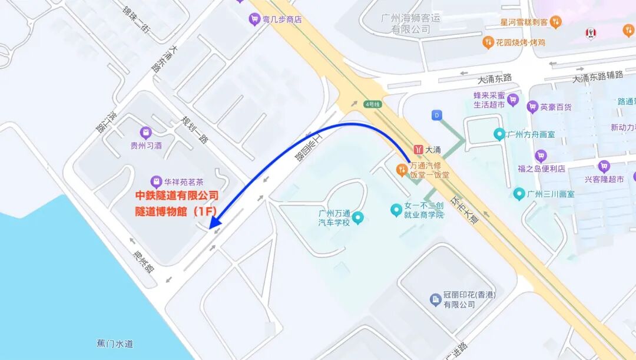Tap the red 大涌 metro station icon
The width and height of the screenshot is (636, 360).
(x=419, y=150)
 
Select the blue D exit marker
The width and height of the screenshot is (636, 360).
(x=437, y=115)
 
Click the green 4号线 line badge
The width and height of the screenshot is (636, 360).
(x=373, y=104)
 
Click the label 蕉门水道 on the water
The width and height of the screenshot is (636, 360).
(x=115, y=343)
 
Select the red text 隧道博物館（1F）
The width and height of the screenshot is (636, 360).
(x=177, y=210)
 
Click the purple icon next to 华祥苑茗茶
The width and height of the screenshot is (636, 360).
(x=156, y=181)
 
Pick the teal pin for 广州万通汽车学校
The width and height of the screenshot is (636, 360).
(x=358, y=219)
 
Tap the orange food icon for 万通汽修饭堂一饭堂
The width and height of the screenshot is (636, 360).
(x=401, y=170)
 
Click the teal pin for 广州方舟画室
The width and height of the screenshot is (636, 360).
(x=499, y=134)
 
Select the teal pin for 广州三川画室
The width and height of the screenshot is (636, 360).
(x=519, y=193)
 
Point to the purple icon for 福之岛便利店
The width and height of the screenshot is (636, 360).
(x=541, y=156)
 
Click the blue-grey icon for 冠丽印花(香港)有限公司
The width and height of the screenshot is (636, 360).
(x=435, y=300)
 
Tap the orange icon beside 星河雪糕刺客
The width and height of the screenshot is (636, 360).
(x=555, y=22)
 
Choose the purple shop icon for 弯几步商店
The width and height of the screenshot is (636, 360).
(x=254, y=19)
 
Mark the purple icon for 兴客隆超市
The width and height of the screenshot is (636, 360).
(x=604, y=167)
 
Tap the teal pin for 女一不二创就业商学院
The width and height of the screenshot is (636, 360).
(x=396, y=209)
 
